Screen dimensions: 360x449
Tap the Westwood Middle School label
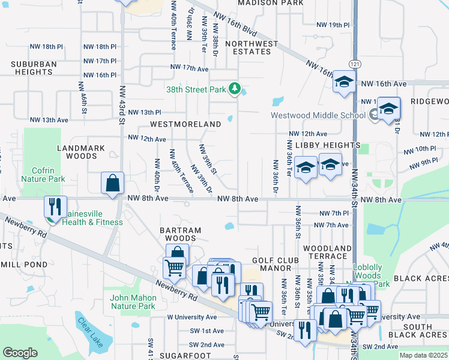(x=318, y=115)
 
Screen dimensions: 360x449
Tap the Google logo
(x=20, y=353)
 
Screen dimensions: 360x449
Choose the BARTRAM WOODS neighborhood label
(x=179, y=234)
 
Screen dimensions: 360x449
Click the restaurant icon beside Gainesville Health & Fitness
(x=55, y=206)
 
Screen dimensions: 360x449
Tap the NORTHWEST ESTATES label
(x=252, y=47)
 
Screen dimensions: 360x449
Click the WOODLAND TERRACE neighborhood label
(x=327, y=252)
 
